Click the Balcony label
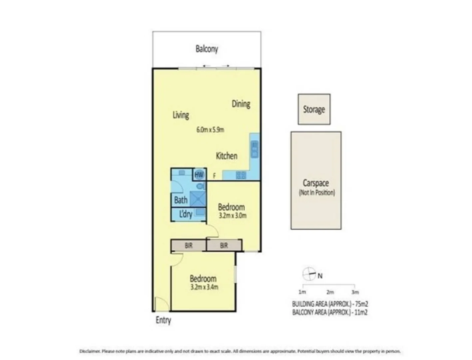pos(207,49)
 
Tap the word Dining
pos(241,104)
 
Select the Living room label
pos(181,115)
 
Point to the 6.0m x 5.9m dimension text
pos(210,130)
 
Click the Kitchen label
pos(227,156)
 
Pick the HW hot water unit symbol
pos(199,174)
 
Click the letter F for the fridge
pos(214,176)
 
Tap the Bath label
pos(181,200)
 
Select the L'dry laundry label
pos(186,214)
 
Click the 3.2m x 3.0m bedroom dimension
pos(233,216)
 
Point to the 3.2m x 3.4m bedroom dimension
pos(204,287)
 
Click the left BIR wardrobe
pos(189,246)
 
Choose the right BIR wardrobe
pos(224,246)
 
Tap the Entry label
pos(163,320)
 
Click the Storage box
pos(314,109)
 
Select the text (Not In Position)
pos(317,192)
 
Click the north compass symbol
pos(309,274)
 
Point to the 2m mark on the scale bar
pos(330,292)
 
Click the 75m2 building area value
pos(361,304)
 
